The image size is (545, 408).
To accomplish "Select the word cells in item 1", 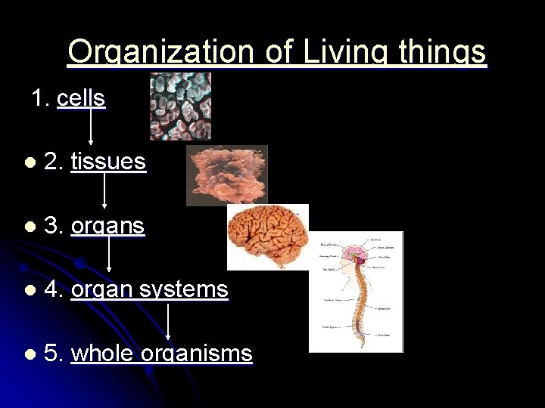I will (80, 98).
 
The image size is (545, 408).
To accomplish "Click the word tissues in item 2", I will (108, 161).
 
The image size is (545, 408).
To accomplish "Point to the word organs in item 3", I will (107, 226).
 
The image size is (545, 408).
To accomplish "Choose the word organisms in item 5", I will (200, 354).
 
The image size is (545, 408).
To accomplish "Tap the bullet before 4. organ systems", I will (30, 290).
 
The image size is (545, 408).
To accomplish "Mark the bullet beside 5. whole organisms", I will (30, 354).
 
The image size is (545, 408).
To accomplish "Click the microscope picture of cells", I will (180, 107).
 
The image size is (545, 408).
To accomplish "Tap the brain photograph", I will (268, 236).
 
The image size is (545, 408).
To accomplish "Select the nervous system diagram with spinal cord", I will (356, 292).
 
